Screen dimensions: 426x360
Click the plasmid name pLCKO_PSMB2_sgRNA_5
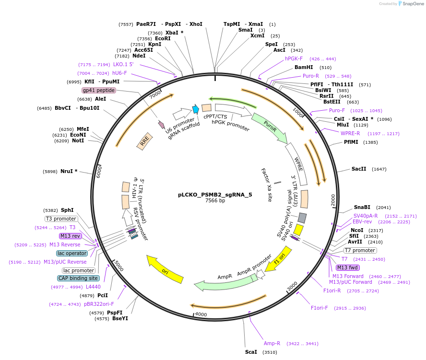click(x=214, y=195)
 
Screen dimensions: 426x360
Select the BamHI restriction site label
click(x=303, y=68)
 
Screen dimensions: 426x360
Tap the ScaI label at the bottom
click(x=251, y=352)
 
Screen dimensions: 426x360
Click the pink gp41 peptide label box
click(x=99, y=90)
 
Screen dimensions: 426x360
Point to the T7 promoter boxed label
click(x=360, y=251)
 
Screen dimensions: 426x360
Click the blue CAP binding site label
click(x=79, y=278)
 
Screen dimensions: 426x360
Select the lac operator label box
click(x=72, y=253)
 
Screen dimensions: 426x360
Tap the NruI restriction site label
click(x=69, y=171)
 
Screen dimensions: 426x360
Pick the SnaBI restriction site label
click(x=362, y=207)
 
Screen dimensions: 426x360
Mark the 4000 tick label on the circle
click(x=201, y=314)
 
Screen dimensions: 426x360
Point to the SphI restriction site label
click(x=68, y=210)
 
